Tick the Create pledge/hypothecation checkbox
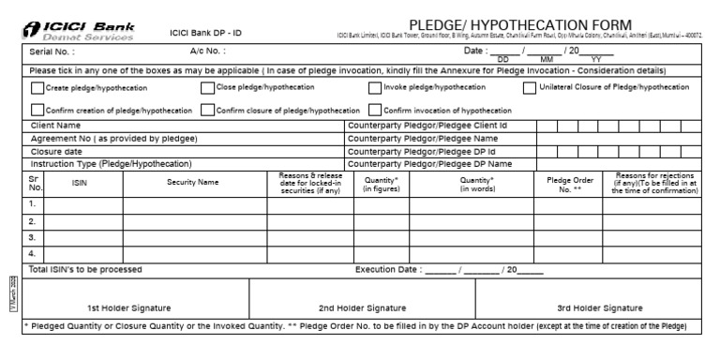pyautogui.click(x=37, y=88)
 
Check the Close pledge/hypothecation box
pyautogui.click(x=207, y=88)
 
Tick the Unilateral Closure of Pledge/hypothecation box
pyautogui.click(x=531, y=88)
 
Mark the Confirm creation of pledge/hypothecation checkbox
pyautogui.click(x=37, y=110)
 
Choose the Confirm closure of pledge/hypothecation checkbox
pyautogui.click(x=207, y=110)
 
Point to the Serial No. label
pyautogui.click(x=52, y=52)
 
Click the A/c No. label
pyautogui.click(x=208, y=52)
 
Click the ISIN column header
pyautogui.click(x=80, y=183)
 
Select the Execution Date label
pyautogui.click(x=388, y=270)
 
